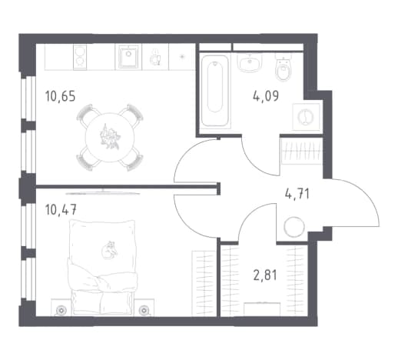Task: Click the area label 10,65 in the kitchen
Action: tap(60, 96)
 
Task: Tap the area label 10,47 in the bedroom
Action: tap(61, 209)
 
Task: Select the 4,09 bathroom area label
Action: tap(266, 96)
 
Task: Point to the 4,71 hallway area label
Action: tap(297, 194)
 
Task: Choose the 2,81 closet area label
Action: tap(265, 275)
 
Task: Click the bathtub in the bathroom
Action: tap(215, 92)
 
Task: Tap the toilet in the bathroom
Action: tap(284, 68)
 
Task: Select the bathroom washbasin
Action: tap(250, 62)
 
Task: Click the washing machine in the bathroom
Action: tap(306, 117)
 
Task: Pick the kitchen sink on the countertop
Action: tap(128, 56)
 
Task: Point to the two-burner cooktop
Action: tap(80, 57)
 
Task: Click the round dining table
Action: tap(110, 137)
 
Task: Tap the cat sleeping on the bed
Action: tap(109, 250)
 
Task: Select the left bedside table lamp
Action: tap(61, 310)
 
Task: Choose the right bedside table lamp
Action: tap(144, 310)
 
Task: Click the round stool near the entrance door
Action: tap(294, 227)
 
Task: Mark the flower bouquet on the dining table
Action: tap(110, 137)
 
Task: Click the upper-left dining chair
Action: tap(86, 115)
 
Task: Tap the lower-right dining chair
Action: tap(133, 159)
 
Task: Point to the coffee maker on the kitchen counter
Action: tap(155, 57)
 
